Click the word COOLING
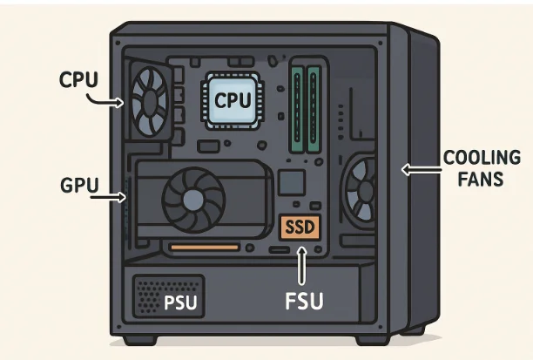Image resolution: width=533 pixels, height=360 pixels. point(482,160)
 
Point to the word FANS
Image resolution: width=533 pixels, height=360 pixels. point(480,180)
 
